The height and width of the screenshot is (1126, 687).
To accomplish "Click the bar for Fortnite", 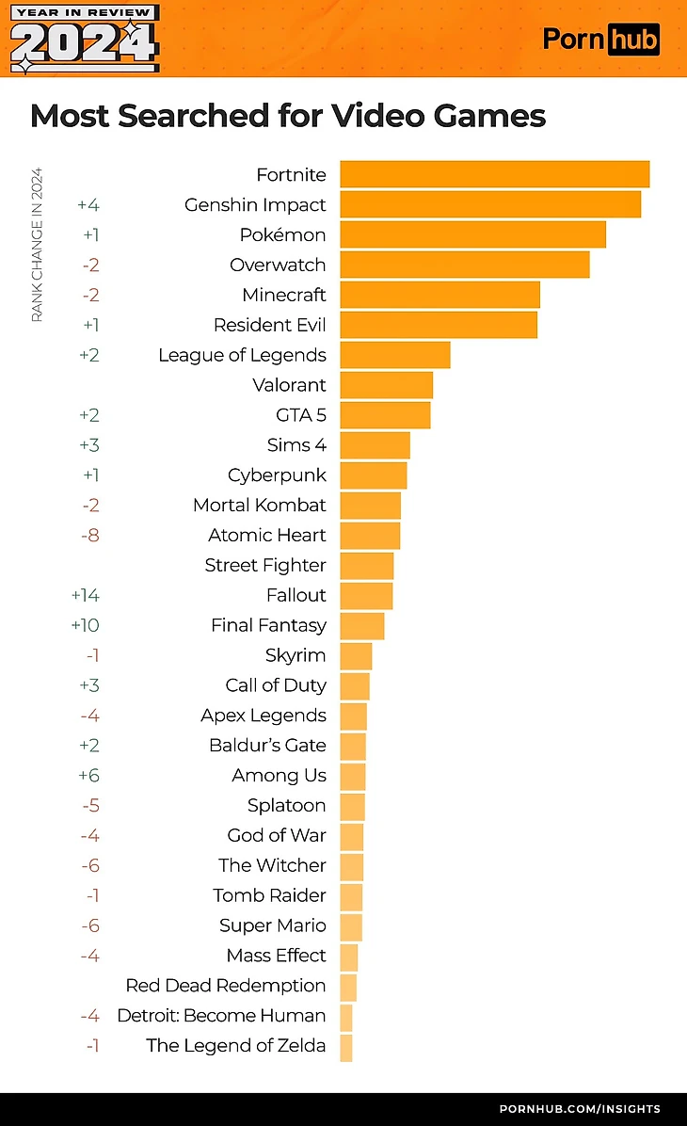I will point(494,174).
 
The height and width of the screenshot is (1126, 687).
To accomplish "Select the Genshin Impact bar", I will point(490,204).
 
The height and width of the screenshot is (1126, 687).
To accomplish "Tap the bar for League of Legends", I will point(394,355).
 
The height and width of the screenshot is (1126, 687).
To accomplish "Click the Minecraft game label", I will point(283,295).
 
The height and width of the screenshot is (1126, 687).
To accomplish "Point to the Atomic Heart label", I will point(266,535).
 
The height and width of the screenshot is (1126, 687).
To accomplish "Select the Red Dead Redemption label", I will point(226,985).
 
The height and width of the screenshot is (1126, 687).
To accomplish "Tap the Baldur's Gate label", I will point(267,745).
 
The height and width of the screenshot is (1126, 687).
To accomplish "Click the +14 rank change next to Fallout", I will point(85,595).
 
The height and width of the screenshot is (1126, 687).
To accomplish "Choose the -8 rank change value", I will point(90,535).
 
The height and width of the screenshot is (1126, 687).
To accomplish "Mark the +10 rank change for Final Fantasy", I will point(85,625).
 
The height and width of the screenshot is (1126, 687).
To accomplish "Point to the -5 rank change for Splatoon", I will point(90,805).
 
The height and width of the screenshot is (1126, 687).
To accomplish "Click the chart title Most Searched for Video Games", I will point(288,116).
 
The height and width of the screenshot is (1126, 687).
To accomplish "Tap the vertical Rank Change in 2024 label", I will point(38,245).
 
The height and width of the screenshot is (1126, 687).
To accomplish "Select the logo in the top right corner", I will point(601,39).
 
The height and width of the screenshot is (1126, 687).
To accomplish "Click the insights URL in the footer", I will point(579,1108).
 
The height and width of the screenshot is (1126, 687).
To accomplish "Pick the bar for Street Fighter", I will point(366,565).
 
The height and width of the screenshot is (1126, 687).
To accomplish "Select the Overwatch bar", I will point(464,265).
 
